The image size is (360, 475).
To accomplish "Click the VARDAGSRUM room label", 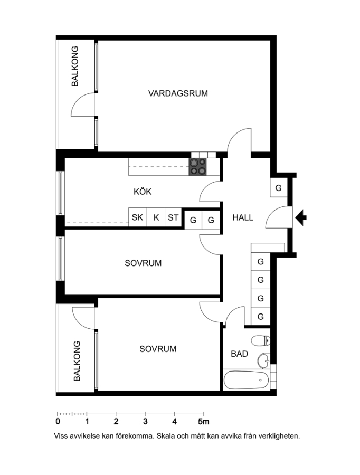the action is (178, 93).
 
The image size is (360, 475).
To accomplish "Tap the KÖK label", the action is (143, 192).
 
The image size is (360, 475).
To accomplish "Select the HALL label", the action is (243, 217).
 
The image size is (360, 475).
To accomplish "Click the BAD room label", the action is (240, 354).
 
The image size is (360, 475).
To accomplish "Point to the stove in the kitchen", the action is (198, 167).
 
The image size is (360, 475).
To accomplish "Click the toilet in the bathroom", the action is (261, 341).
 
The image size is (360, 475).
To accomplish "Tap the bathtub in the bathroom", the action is (246, 380).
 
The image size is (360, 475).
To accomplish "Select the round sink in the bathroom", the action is (264, 360).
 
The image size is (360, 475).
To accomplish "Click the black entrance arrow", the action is (301, 217).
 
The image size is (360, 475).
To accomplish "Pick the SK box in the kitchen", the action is (138, 217).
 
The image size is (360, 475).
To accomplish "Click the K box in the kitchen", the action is (156, 217).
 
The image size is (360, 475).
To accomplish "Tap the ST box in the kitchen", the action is (173, 217).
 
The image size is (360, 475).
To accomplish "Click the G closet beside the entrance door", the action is (279, 188).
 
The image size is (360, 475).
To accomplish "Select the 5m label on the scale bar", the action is (204, 421).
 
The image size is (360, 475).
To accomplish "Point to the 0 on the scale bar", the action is (58, 421).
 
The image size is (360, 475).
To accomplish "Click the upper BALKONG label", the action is (75, 66).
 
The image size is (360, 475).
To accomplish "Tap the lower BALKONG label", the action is (77, 361).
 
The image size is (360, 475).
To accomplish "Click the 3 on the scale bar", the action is (146, 421).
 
